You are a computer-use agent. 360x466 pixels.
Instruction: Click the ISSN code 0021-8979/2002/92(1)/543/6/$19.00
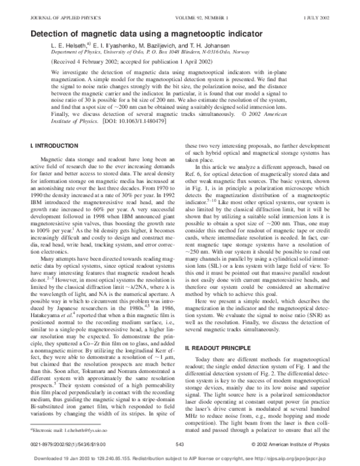click(67, 444)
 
